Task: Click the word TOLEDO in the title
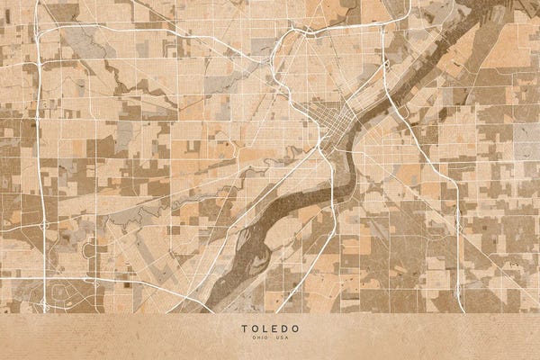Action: [x=269, y=328]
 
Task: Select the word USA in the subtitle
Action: [x=281, y=338]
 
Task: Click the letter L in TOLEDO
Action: [x=264, y=328]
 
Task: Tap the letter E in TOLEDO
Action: [x=274, y=328]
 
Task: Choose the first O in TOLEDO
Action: [x=253, y=328]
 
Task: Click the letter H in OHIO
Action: [x=256, y=338]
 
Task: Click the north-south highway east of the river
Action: [x=459, y=225]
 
